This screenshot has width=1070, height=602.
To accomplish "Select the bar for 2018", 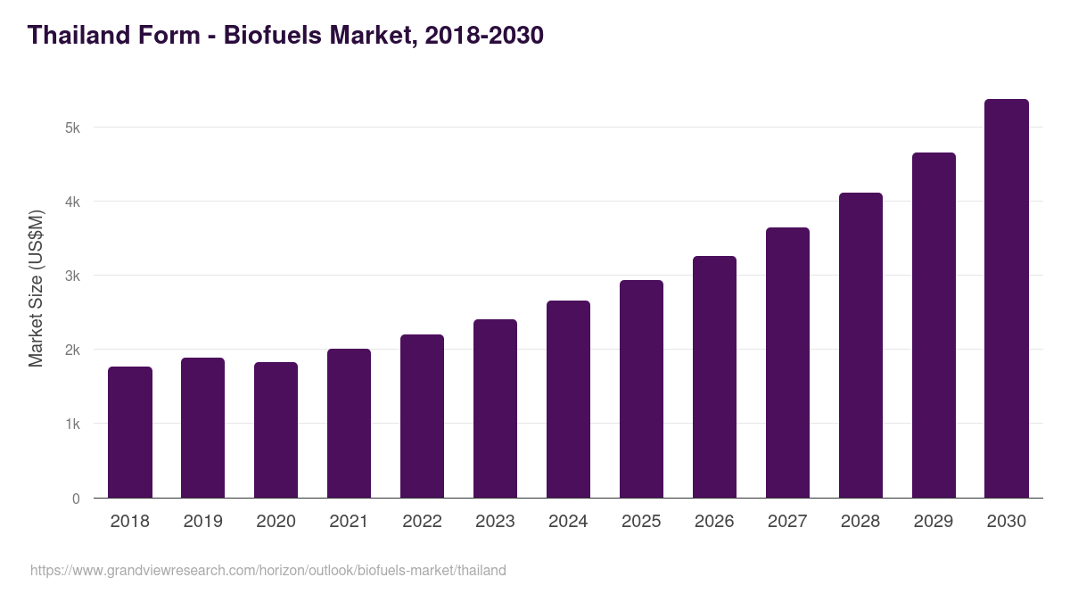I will pyautogui.click(x=130, y=433).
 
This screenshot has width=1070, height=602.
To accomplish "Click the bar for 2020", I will pyautogui.click(x=276, y=430).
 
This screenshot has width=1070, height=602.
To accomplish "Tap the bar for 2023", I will pyautogui.click(x=495, y=408).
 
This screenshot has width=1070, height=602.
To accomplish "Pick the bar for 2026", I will pyautogui.click(x=714, y=377).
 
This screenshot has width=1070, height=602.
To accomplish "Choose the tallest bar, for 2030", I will pyautogui.click(x=1007, y=299).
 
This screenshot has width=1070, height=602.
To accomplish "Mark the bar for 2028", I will pyautogui.click(x=860, y=345).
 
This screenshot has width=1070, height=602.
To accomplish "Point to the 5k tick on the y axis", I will pyautogui.click(x=72, y=128).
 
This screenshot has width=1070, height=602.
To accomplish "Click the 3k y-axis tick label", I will pyautogui.click(x=72, y=276).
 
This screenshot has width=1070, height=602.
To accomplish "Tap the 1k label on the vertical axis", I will pyautogui.click(x=72, y=424).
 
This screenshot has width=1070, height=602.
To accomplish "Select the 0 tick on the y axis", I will pyautogui.click(x=76, y=499).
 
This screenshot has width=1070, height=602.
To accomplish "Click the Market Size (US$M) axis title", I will pyautogui.click(x=36, y=288).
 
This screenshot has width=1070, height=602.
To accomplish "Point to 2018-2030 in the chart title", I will pyautogui.click(x=484, y=35).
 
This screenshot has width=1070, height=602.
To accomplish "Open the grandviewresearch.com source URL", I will pyautogui.click(x=268, y=570).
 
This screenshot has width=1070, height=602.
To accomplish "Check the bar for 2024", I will pyautogui.click(x=568, y=400).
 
